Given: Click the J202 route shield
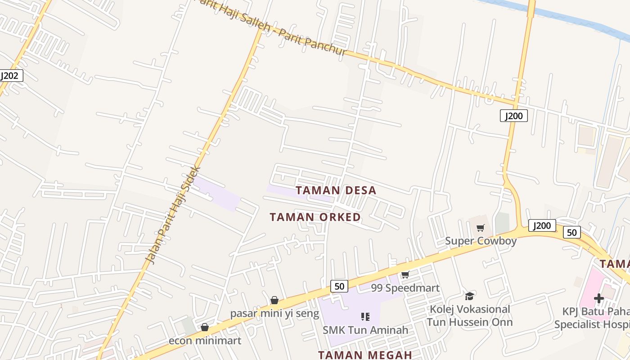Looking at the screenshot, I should point(9,76).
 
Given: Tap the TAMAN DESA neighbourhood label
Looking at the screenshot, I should point(336,190).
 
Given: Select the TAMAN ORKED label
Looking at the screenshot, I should point(315,217).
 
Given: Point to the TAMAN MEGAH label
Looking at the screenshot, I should point(365,355).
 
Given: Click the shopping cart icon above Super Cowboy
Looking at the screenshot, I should point(481,228).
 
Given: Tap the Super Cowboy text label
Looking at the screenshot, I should point(481,241).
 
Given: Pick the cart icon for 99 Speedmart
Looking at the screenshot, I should point(405,275).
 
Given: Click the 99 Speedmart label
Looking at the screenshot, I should point(405,288).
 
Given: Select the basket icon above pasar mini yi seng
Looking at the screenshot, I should point(274,300).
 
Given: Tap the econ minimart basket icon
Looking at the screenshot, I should point(205,327).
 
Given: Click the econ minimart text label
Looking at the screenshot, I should point(205,341).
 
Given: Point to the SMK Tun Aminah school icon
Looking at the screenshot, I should point(365,317).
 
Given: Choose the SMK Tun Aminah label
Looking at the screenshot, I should point(365,330).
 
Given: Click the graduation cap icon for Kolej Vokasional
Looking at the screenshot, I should point(469,296).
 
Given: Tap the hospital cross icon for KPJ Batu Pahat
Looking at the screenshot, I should point(598,298).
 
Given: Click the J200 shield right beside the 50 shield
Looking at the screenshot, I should point(542,225).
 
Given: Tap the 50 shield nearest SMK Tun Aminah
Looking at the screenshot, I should point(339,286).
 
